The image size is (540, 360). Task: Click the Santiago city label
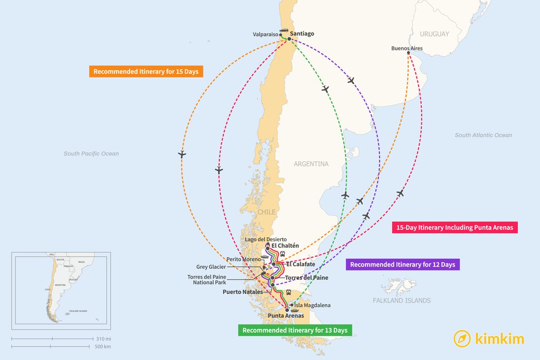pos(302,34)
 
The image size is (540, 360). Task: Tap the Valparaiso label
pos(265,35)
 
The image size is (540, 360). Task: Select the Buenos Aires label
pos(407,48)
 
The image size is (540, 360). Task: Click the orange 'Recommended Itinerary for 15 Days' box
pos(146,71)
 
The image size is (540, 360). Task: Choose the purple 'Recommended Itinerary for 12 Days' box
pos(402,265)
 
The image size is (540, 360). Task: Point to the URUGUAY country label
pos(435,34)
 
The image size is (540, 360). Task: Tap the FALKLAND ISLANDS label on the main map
pos(401,300)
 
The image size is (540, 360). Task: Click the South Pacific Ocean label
pos(91,154)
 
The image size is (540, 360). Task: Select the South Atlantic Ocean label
pos(483,135)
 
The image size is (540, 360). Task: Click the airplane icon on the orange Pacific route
pos(182,154)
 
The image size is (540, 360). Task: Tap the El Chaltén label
pos(285,246)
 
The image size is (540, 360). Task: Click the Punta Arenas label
pos(285,316)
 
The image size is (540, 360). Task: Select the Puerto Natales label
pos(242,291)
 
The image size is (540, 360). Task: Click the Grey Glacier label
pos(211,267)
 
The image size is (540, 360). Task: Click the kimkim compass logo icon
pos(462,338)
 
